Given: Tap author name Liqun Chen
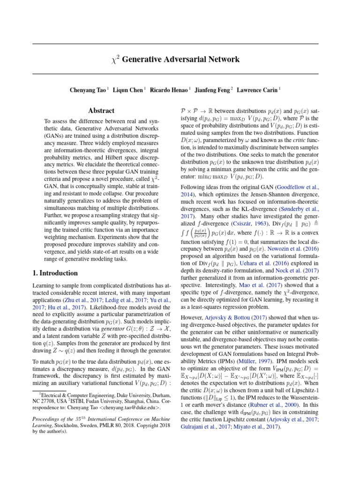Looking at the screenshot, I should coord(128,89).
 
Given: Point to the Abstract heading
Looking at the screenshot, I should coord(101,111).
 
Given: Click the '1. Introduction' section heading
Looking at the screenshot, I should coord(55,273).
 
